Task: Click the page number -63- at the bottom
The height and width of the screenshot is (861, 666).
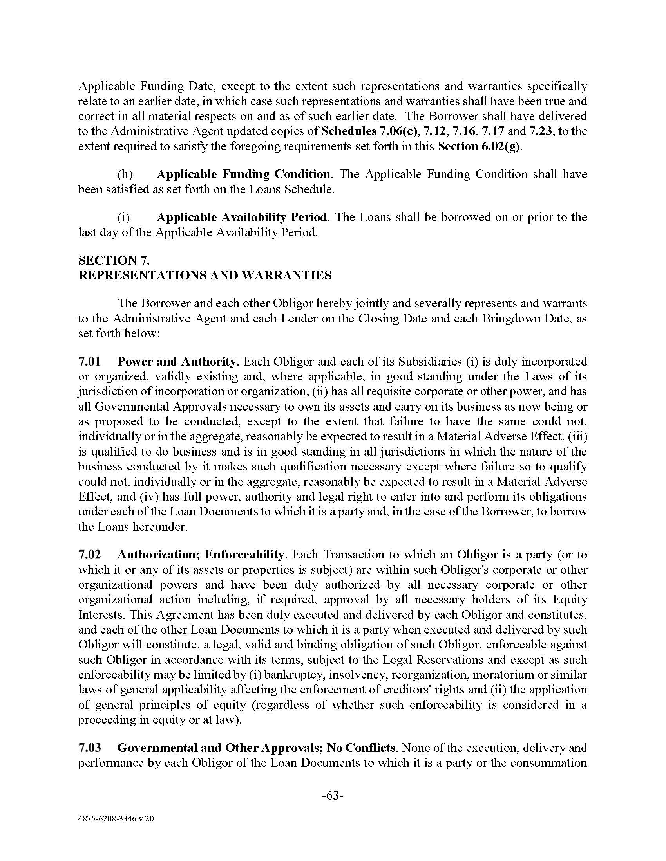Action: tap(333, 796)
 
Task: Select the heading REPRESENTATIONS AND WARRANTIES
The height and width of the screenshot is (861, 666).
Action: tap(205, 275)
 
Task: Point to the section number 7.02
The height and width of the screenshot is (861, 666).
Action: tap(90, 554)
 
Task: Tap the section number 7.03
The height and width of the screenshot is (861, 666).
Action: tap(90, 748)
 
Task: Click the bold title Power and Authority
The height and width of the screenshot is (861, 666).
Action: tap(177, 361)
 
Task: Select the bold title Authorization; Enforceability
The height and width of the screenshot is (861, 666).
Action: tap(201, 554)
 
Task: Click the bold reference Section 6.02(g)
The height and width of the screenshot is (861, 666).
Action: tap(479, 146)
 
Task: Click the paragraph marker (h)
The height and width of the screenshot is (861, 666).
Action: tap(125, 174)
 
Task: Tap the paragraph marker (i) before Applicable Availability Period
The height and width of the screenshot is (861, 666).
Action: tap(123, 217)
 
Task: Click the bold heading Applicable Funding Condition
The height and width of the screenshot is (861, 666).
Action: tap(243, 174)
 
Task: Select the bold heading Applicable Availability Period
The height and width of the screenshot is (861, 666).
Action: tap(241, 217)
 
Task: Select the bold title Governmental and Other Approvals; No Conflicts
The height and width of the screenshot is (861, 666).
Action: tap(257, 748)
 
